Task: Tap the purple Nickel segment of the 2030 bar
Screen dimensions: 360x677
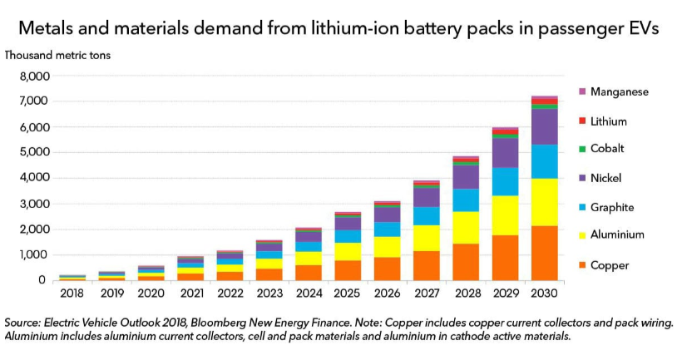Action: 544,126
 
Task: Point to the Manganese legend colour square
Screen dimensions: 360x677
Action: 581,91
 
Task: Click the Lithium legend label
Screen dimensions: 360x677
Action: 609,121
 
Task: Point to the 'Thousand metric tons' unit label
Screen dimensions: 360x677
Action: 58,55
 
